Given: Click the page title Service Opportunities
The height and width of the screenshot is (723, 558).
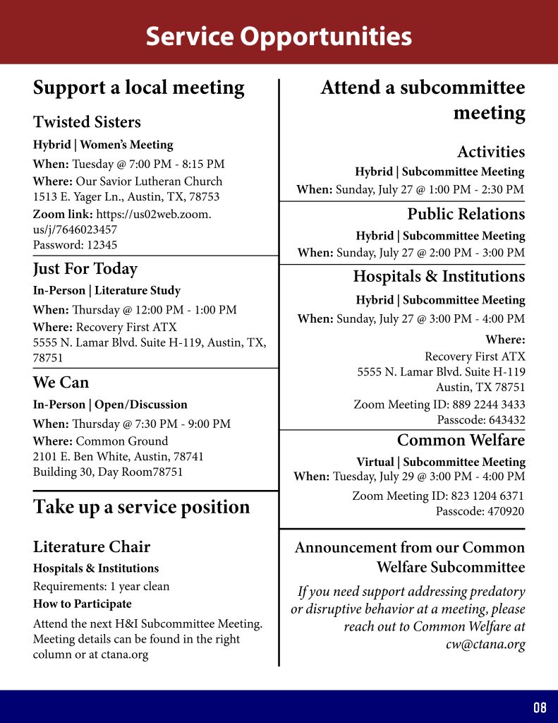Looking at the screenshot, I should (x=279, y=36).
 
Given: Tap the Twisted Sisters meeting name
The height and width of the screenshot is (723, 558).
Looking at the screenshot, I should (x=87, y=122).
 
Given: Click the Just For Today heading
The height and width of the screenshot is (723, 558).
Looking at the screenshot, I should (x=85, y=269).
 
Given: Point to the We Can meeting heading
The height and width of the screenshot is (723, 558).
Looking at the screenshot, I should (x=61, y=383).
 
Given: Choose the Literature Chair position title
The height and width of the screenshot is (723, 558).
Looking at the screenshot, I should (x=92, y=546).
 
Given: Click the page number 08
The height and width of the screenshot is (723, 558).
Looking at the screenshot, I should (x=540, y=707).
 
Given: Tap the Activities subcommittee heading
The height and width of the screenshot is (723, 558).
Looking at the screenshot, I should (x=491, y=152).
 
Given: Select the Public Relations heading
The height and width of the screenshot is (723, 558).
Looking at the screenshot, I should (x=466, y=214).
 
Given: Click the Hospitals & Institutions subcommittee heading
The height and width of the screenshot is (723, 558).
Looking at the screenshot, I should (x=439, y=276).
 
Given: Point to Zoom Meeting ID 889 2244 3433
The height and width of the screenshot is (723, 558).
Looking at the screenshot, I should (x=439, y=405).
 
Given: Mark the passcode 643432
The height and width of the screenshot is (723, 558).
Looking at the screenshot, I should (x=480, y=420).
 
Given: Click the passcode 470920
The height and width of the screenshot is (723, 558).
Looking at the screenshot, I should (x=480, y=512).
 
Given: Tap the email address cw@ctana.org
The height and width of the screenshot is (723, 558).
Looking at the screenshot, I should (x=486, y=645).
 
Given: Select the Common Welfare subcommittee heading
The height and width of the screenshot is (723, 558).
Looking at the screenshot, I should (x=461, y=441).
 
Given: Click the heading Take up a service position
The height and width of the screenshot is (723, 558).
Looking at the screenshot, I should (x=141, y=507).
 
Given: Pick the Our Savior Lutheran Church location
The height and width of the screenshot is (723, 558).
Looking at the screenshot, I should (x=149, y=181).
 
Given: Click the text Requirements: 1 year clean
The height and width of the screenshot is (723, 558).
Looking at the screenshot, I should (x=101, y=586).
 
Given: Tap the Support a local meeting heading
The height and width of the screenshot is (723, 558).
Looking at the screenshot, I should (x=138, y=88).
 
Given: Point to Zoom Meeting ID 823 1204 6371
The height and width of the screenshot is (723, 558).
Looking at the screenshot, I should (x=438, y=496).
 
